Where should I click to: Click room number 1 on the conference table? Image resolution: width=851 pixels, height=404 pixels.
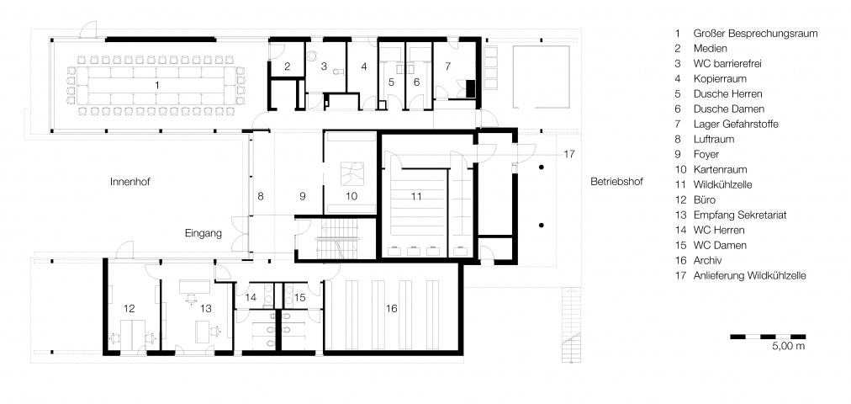click(157, 85)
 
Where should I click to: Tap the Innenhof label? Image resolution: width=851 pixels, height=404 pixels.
click(129, 182)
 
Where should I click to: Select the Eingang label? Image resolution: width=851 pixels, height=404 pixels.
click(203, 234)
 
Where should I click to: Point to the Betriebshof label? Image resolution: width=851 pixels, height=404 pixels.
click(616, 182)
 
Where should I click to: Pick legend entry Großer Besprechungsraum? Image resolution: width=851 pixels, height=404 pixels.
click(755, 33)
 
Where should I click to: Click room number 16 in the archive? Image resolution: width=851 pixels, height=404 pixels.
click(391, 308)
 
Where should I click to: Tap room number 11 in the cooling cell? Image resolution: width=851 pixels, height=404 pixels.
click(415, 197)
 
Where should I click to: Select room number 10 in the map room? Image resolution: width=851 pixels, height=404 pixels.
click(351, 197)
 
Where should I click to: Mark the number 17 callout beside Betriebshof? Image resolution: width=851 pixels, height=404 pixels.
click(568, 154)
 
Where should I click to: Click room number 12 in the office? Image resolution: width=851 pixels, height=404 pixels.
click(129, 308)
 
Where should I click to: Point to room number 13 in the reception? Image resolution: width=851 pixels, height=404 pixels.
click(206, 308)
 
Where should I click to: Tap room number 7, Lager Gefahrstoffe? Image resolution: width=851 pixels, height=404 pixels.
click(447, 66)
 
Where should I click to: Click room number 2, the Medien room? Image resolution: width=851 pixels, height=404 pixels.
click(288, 66)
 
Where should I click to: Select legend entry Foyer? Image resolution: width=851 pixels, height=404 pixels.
click(706, 154)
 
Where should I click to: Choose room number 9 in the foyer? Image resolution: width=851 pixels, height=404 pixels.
click(303, 197)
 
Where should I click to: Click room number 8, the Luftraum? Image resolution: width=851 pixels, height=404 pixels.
click(261, 197)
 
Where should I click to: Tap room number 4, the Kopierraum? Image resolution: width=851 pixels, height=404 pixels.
click(364, 66)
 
